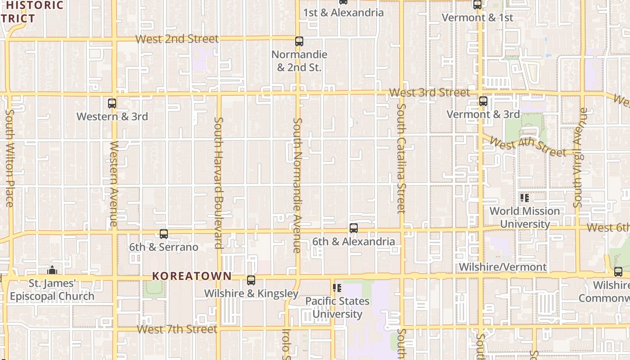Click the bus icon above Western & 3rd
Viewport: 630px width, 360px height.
(112, 103)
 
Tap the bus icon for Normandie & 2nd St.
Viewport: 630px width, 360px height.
(299, 41)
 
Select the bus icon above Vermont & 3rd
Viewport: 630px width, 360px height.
(483, 101)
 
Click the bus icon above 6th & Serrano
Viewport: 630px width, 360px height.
(164, 234)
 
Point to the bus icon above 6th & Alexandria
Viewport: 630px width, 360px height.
(354, 228)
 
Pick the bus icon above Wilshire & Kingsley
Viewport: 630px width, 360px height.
(251, 280)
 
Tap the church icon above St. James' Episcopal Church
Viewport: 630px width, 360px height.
(52, 270)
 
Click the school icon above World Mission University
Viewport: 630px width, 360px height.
(525, 198)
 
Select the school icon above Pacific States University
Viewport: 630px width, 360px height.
(337, 288)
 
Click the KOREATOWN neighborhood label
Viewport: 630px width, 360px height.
(192, 276)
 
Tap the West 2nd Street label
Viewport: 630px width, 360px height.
(177, 39)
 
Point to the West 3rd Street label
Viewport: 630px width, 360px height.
(429, 93)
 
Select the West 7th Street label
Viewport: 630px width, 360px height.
(177, 329)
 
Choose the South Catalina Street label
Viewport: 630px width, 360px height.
(401, 158)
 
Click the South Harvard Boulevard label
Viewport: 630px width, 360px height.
(219, 182)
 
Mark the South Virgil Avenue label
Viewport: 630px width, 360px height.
(578, 157)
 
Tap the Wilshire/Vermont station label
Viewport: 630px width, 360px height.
(503, 267)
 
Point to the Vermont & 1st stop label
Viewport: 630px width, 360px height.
(477, 18)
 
